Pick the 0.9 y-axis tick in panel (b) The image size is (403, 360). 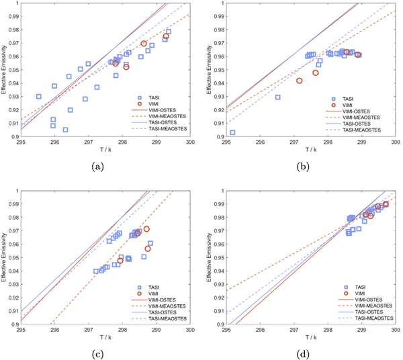point(219,137)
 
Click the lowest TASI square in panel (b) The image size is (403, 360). point(232,132)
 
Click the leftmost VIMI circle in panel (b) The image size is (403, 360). point(300,81)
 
